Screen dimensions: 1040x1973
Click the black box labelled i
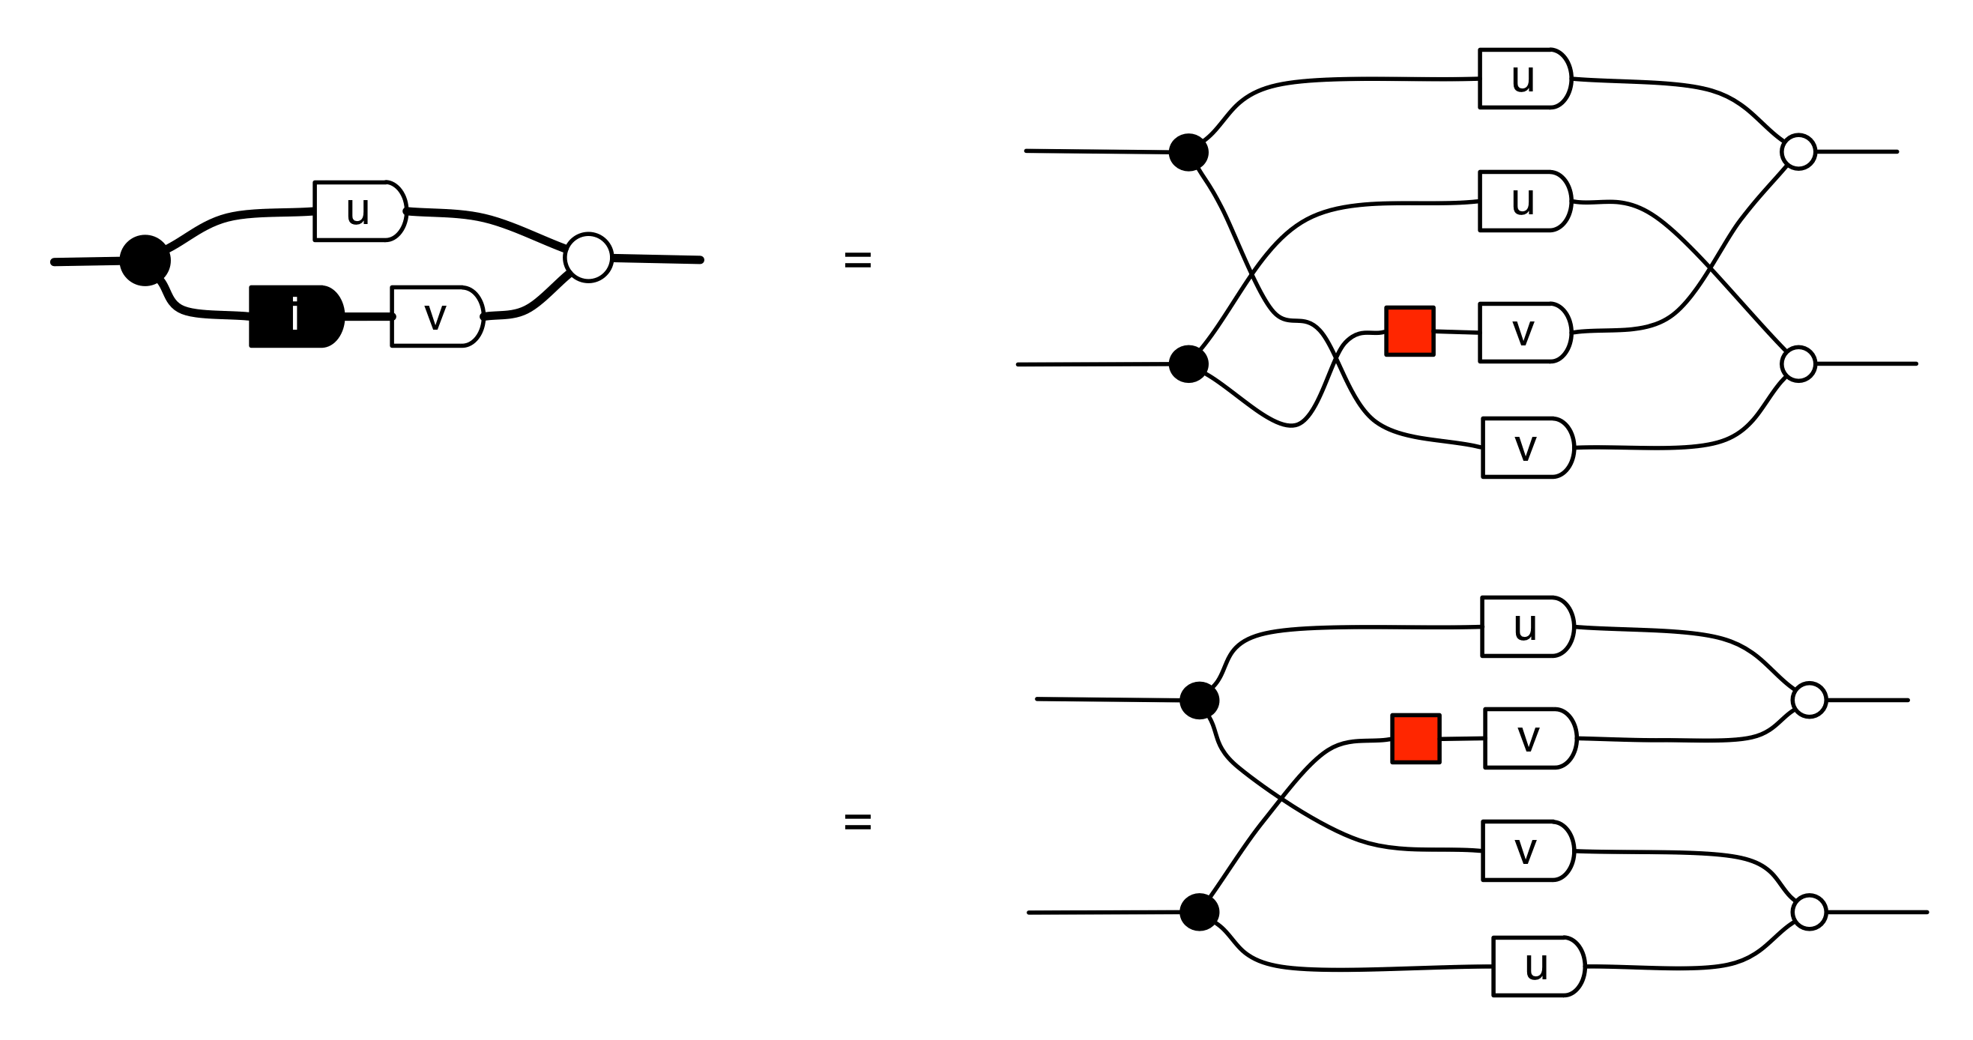[x=296, y=316]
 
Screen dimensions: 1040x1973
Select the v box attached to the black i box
[x=437, y=316]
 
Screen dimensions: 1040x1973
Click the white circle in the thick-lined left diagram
[x=588, y=257]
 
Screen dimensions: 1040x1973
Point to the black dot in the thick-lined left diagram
[x=145, y=261]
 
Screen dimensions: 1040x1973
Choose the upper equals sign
[x=857, y=261]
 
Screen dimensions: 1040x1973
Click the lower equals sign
[x=857, y=822]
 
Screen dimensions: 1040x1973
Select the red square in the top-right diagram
[x=1409, y=331]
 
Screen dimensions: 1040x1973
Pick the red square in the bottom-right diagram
[x=1415, y=738]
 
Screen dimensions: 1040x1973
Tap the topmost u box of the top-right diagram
[x=1524, y=78]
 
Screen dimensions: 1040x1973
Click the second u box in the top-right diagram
[x=1524, y=201]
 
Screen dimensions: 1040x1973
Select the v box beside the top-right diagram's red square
[x=1524, y=333]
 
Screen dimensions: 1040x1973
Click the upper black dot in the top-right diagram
[x=1188, y=151]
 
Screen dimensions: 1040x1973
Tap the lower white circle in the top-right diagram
[x=1798, y=363]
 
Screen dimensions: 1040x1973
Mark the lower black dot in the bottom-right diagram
[x=1199, y=912]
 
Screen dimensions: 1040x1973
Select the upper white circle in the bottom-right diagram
[x=1809, y=700]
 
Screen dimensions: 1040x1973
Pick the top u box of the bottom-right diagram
[x=1526, y=626]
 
